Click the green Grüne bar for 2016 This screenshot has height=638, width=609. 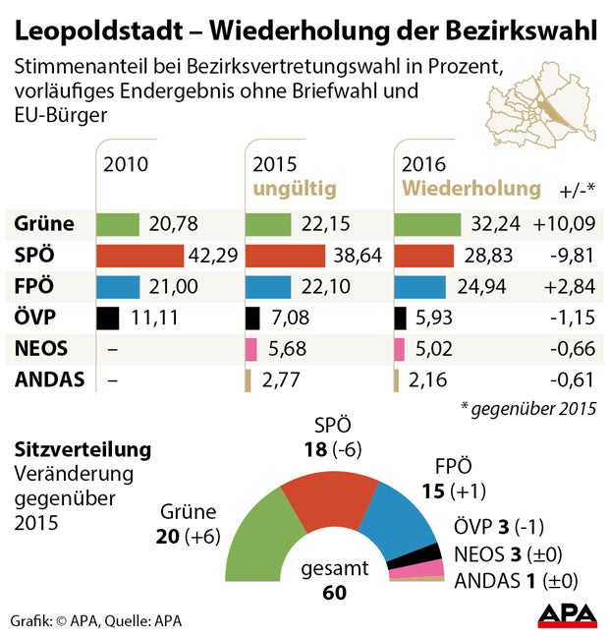coord(426,223)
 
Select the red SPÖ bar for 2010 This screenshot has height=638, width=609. coord(139,256)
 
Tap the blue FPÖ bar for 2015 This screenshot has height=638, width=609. coord(267,287)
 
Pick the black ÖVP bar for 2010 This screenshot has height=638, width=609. coord(107,319)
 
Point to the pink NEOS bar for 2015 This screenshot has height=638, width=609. coord(250,350)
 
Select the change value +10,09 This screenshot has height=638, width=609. coord(564,223)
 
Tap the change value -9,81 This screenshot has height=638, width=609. coord(571,256)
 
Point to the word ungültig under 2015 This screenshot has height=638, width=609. coord(295,187)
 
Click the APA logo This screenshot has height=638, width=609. coord(567,615)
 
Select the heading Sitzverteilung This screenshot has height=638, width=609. coord(83,450)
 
